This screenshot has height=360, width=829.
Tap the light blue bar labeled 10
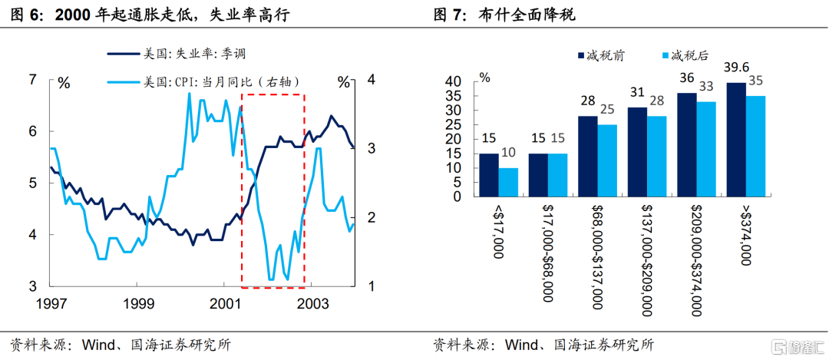pos(508,182)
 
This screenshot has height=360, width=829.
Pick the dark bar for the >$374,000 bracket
pos(735,139)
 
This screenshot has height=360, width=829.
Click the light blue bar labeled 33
pos(706,149)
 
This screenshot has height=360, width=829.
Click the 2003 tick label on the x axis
pos(312,304)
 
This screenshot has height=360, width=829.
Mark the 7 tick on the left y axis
pos(32,79)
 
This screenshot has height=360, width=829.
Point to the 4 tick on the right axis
pos(371,79)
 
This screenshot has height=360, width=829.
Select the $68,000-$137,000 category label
pos(598,256)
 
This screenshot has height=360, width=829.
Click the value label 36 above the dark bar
pos(686,78)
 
